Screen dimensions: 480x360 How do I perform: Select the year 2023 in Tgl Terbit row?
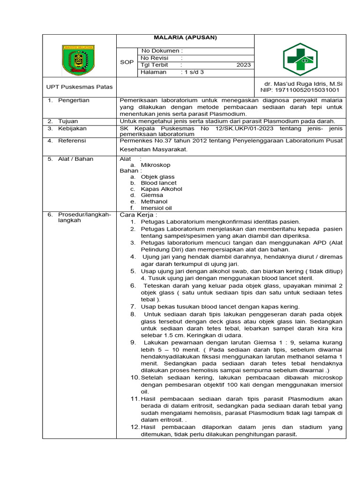(x=243, y=65)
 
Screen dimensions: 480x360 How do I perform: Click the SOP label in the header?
(x=127, y=62)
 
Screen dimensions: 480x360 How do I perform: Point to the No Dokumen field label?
(x=162, y=51)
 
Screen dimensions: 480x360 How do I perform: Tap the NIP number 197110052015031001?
(x=300, y=90)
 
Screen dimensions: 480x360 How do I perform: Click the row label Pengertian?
(x=74, y=100)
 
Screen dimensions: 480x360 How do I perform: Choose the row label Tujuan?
(x=68, y=121)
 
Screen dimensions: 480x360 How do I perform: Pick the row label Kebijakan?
(x=72, y=128)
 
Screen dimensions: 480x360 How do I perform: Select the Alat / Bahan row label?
(x=75, y=159)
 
